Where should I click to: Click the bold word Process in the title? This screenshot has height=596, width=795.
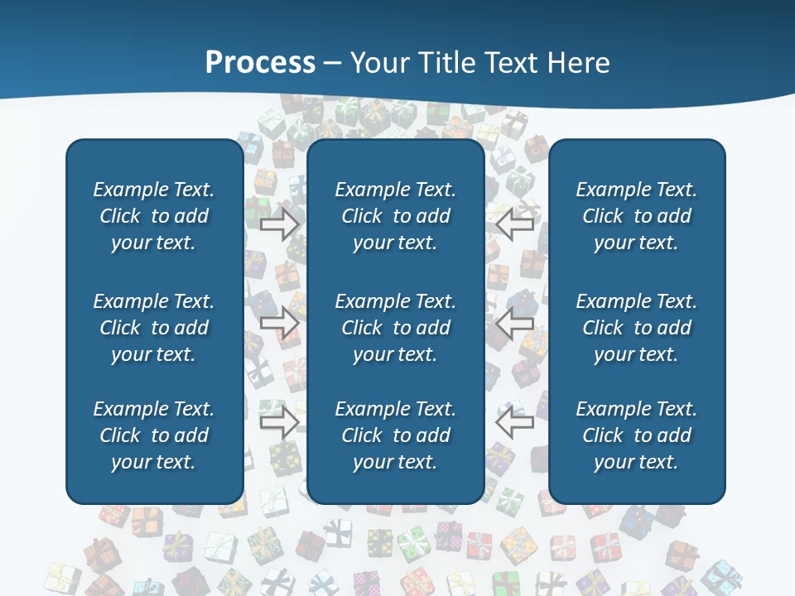(x=260, y=63)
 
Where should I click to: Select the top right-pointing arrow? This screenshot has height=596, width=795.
(x=280, y=224)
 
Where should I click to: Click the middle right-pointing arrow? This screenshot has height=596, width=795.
(x=280, y=322)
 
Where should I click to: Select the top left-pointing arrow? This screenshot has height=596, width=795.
(x=514, y=224)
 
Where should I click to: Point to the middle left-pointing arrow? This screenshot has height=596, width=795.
(x=514, y=322)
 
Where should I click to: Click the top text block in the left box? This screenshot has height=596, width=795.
(x=154, y=216)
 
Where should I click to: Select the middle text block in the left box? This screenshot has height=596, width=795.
(x=154, y=328)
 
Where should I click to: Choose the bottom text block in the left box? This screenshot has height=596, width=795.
(x=154, y=435)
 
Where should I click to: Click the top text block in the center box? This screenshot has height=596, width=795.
(x=396, y=216)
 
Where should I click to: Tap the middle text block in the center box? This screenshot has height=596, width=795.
(x=396, y=328)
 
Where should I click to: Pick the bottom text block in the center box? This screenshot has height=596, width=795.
(x=396, y=435)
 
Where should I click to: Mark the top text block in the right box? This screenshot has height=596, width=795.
(x=637, y=216)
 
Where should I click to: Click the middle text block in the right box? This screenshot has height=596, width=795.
(x=637, y=328)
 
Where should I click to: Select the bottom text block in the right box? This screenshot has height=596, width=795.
(x=637, y=435)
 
